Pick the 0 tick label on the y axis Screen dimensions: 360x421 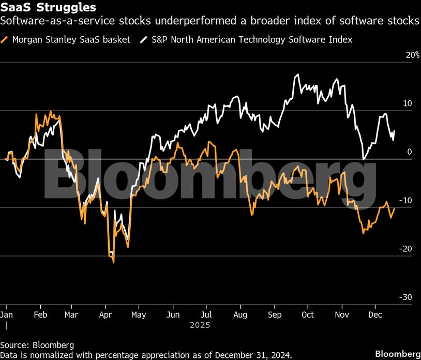coord(409,152)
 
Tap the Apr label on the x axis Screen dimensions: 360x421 coord(106,314)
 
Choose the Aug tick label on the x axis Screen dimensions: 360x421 coord(240,314)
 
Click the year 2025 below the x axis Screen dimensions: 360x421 coord(200,326)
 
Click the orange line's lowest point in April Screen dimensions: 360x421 coord(113,262)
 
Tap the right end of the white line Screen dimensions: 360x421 coord(395,131)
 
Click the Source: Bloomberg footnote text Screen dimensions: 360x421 coord(37,345)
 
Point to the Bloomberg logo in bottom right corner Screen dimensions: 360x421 coord(396,354)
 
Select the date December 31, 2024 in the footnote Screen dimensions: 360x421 coord(253,355)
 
